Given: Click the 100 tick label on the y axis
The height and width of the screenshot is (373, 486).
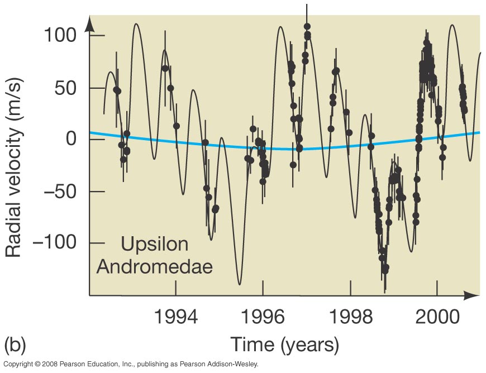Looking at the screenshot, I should pyautogui.click(x=60, y=36).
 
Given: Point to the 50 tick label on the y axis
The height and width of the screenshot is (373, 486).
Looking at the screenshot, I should pyautogui.click(x=66, y=88).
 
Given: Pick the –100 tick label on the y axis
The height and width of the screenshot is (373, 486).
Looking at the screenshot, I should pyautogui.click(x=53, y=243).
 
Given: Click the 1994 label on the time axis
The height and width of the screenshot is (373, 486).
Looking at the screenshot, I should pyautogui.click(x=176, y=317).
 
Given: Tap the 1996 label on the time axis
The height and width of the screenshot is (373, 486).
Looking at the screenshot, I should pyautogui.click(x=263, y=317).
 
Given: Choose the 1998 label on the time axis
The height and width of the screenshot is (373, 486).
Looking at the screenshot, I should pyautogui.click(x=350, y=317).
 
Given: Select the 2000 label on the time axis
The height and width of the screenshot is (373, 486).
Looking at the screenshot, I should pyautogui.click(x=437, y=317).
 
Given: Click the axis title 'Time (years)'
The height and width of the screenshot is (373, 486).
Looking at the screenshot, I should pyautogui.click(x=284, y=344).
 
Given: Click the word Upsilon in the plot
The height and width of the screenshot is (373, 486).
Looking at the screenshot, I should pyautogui.click(x=155, y=245).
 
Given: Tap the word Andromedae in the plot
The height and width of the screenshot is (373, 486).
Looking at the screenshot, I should pyautogui.click(x=155, y=266).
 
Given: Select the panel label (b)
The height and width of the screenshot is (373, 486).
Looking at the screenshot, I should pyautogui.click(x=15, y=342).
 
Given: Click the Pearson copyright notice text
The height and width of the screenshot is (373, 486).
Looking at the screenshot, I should pyautogui.click(x=131, y=364).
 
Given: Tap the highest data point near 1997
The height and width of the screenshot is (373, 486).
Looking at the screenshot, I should pyautogui.click(x=307, y=27).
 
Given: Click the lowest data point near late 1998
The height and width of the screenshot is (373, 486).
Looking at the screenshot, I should pyautogui.click(x=385, y=270).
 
